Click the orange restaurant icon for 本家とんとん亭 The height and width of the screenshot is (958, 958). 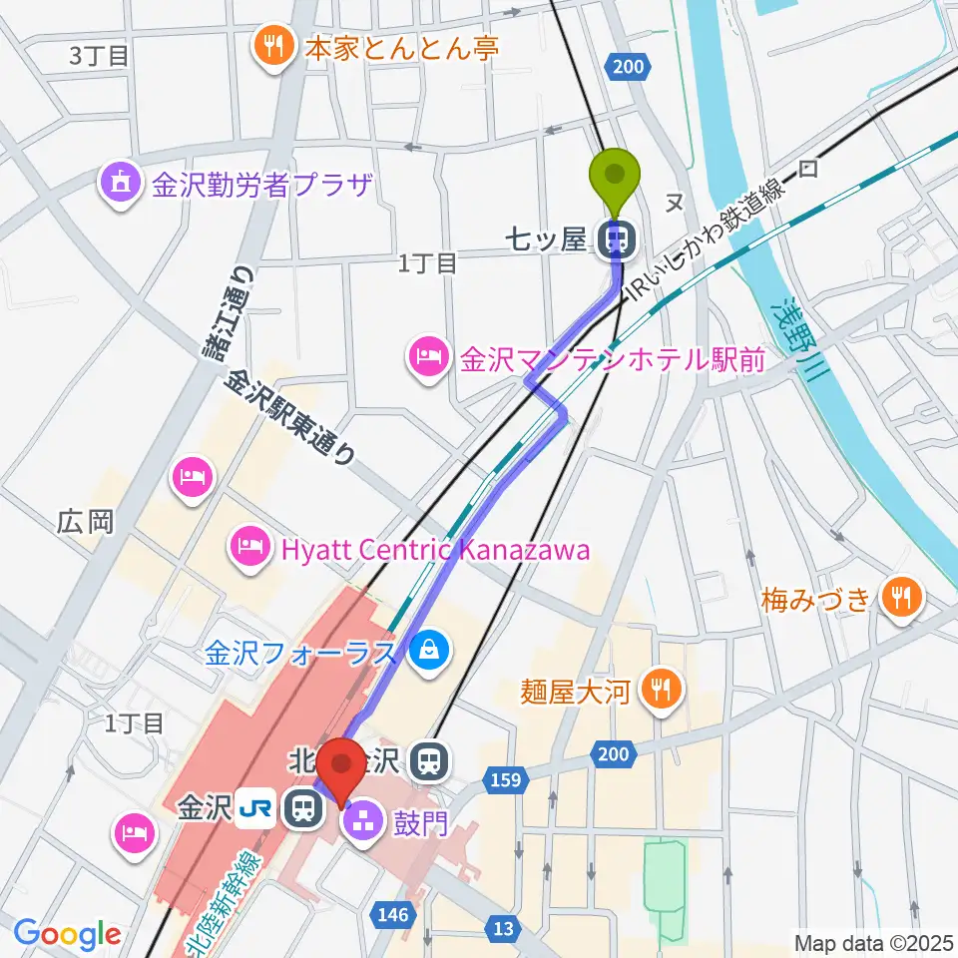coord(271,47)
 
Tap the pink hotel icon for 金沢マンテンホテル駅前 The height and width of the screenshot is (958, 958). coord(429,357)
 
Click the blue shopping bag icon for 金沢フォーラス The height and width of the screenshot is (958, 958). coord(429,654)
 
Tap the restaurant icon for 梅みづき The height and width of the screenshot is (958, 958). coord(903,599)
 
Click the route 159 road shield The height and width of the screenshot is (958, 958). coord(505,778)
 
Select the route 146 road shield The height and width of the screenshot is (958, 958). coord(395,911)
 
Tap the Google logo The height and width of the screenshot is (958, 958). coord(67,934)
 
